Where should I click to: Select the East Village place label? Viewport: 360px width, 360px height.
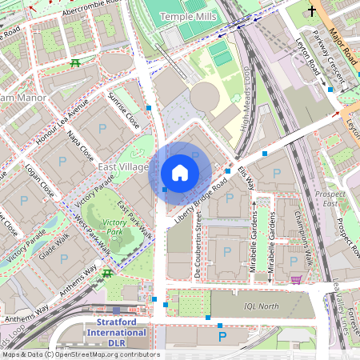tap(122, 166)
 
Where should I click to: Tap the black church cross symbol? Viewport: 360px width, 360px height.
tap(311, 11)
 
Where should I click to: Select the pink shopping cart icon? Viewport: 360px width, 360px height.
tap(297, 279)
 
